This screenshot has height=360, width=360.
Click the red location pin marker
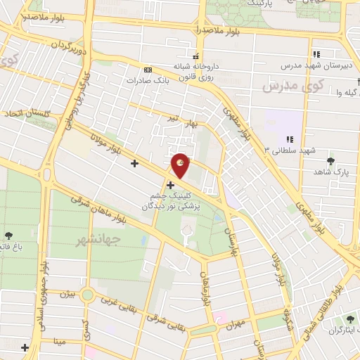(x=181, y=165)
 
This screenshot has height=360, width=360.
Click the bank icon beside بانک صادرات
(x=148, y=70)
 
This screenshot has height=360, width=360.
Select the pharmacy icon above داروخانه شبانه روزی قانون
(x=196, y=56)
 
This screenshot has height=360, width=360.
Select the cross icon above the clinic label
(x=170, y=185)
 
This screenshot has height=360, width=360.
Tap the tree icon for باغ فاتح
(x=8, y=236)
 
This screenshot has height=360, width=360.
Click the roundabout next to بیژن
(x=87, y=295)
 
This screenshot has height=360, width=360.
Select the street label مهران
(x=235, y=323)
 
